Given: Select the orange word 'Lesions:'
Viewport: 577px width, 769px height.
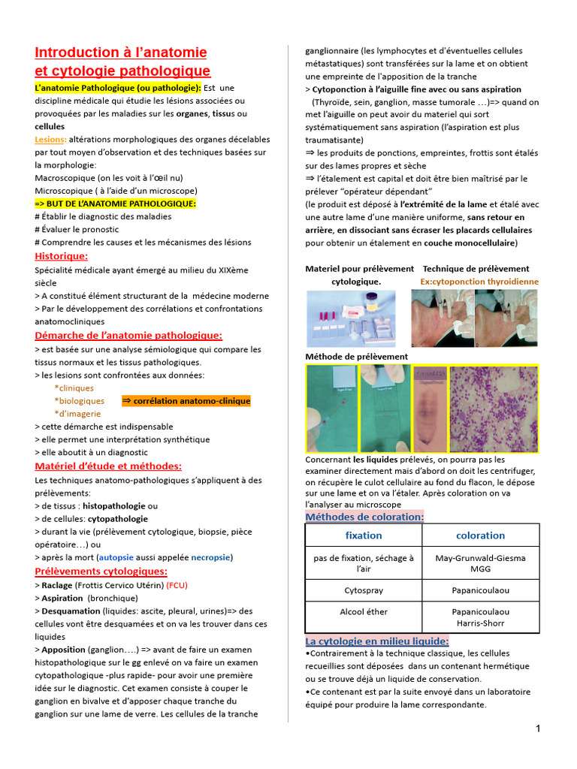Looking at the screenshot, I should (50, 139).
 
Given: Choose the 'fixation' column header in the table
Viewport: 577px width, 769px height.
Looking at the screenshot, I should (364, 535).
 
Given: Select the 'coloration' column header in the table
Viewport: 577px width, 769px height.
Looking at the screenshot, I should (480, 535).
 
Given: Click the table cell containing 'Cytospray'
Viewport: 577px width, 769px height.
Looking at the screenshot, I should (364, 590).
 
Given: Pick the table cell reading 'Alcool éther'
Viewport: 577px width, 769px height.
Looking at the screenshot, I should (364, 611).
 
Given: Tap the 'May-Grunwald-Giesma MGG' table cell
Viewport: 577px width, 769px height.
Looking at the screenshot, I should (480, 563).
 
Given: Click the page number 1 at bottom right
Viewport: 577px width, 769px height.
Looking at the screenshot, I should (539, 728).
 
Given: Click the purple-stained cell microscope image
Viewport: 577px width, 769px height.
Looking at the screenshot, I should (494, 409).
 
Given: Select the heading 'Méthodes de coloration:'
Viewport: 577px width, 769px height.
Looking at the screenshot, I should (364, 517).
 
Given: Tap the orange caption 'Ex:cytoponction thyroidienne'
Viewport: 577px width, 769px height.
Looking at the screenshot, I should (479, 282).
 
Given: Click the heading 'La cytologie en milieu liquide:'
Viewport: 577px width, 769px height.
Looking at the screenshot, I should (377, 641).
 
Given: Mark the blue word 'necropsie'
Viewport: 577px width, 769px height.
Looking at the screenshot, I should (211, 557).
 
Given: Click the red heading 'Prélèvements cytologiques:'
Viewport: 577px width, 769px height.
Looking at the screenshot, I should (101, 571).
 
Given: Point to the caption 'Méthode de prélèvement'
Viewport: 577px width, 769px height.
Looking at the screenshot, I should (356, 356).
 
